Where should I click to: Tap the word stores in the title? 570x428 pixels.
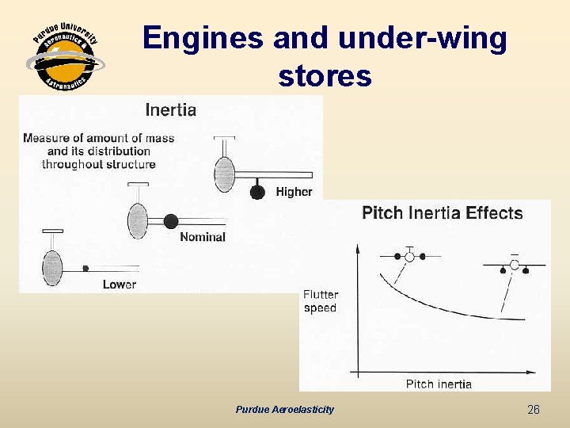[325, 76]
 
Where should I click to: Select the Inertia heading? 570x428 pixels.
[170, 110]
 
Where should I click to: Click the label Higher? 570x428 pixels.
[294, 192]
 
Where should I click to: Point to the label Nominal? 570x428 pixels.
[202, 237]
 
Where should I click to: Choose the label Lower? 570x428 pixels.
[119, 285]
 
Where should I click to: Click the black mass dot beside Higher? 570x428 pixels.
[257, 191]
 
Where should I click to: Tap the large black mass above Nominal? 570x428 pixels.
[171, 221]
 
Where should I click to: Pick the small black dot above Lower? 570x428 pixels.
[85, 269]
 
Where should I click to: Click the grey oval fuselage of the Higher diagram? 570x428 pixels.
[225, 174]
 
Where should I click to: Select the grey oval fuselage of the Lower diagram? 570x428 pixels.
[52, 268]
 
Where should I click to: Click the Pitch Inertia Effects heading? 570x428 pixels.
[442, 212]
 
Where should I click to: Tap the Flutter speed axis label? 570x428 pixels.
[320, 301]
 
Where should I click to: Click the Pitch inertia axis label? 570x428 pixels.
[439, 384]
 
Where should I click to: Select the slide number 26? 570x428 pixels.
[534, 410]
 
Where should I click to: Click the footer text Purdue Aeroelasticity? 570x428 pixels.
[284, 410]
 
